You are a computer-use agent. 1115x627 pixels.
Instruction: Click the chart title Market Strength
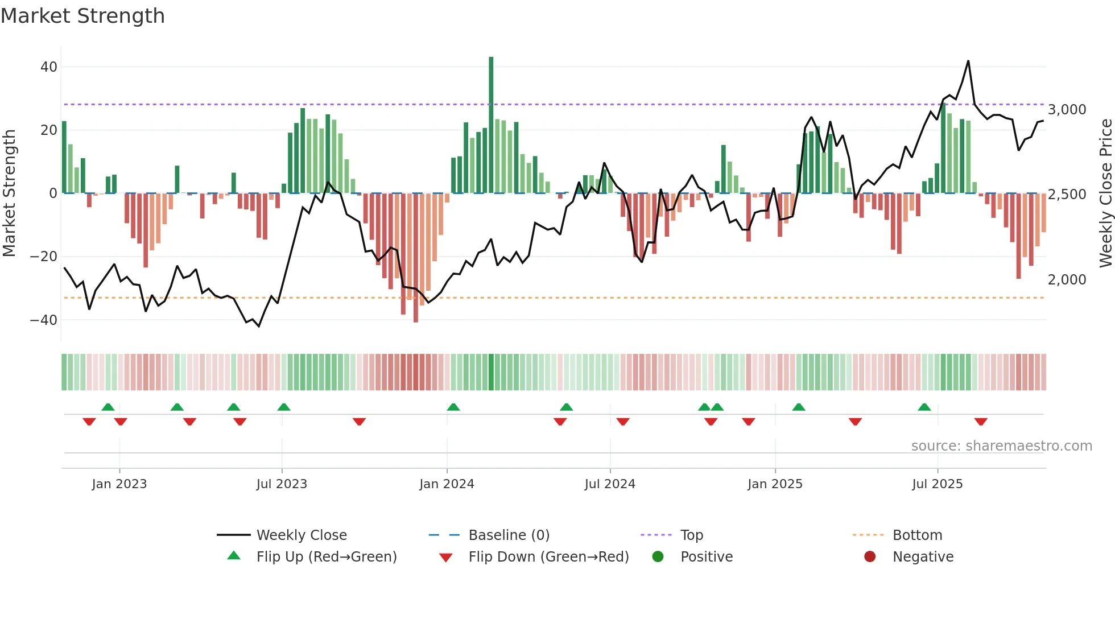click(82, 16)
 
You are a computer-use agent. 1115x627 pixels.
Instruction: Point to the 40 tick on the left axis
click(49, 67)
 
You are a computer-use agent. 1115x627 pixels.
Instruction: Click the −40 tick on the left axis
click(44, 320)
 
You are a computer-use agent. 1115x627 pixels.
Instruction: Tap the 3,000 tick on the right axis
click(1067, 109)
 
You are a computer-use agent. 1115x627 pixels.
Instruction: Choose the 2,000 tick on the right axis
click(1067, 279)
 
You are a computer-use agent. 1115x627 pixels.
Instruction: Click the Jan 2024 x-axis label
click(447, 484)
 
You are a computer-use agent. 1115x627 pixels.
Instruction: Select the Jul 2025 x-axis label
click(937, 484)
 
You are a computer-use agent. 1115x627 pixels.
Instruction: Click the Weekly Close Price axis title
click(1105, 193)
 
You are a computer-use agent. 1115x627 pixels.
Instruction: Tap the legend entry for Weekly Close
click(302, 535)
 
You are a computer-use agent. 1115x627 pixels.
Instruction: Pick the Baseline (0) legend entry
click(509, 535)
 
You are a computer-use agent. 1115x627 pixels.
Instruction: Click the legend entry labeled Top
click(692, 535)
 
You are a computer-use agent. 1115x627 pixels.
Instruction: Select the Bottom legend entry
click(917, 535)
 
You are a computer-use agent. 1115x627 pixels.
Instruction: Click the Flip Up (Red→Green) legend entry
click(326, 557)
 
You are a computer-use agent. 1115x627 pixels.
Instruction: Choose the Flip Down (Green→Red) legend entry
click(548, 557)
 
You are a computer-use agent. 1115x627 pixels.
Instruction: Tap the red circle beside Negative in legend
click(870, 556)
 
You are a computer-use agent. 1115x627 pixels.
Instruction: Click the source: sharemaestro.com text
click(1001, 446)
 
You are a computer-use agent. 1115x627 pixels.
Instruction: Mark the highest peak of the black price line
click(968, 61)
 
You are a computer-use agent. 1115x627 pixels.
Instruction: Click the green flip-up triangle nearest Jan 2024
click(453, 407)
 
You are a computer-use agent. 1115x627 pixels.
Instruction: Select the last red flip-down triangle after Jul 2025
click(981, 422)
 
